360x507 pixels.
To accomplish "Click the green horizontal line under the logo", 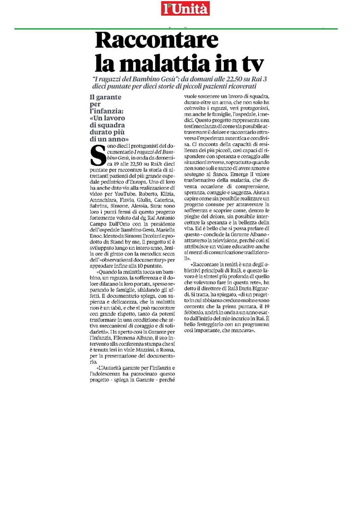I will [179, 29].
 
